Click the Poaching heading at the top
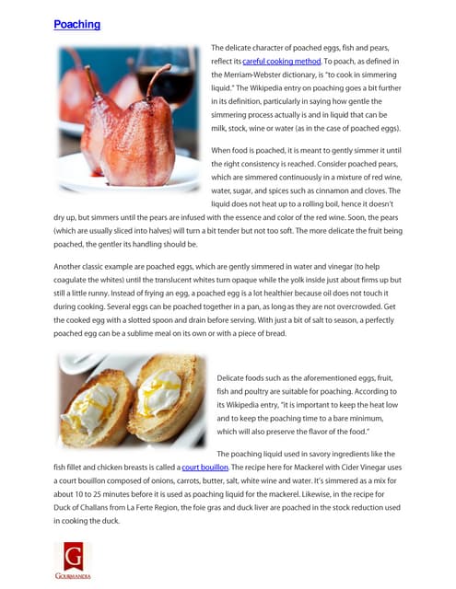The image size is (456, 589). click(76, 24)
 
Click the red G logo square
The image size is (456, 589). click(72, 556)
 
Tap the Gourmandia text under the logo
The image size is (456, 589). click(72, 577)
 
